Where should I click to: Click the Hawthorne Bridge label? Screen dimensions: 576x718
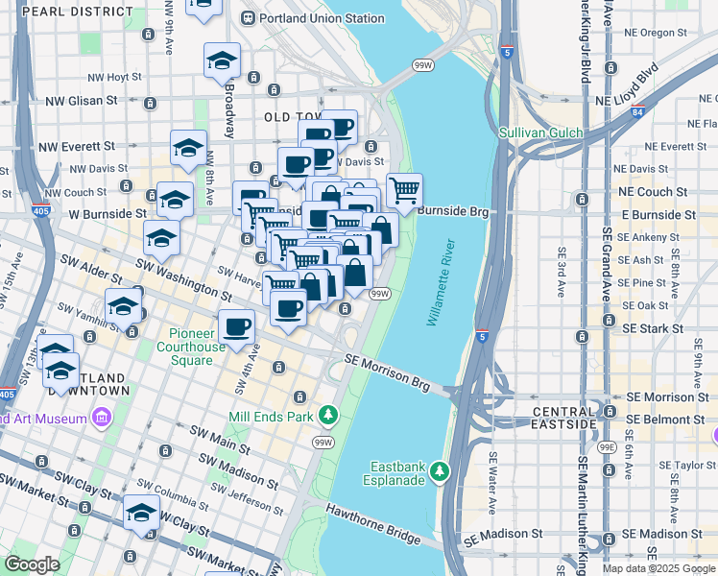coord(372,525)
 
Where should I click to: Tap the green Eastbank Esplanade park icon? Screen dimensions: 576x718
coord(440,470)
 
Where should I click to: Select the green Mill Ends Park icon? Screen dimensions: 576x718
coord(329,416)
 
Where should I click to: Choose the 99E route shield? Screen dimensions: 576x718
coord(607,446)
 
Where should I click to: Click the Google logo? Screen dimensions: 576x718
coord(32,564)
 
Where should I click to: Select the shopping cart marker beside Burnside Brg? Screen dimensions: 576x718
coord(404,190)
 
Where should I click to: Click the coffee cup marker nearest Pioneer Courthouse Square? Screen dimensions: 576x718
coord(236,326)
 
